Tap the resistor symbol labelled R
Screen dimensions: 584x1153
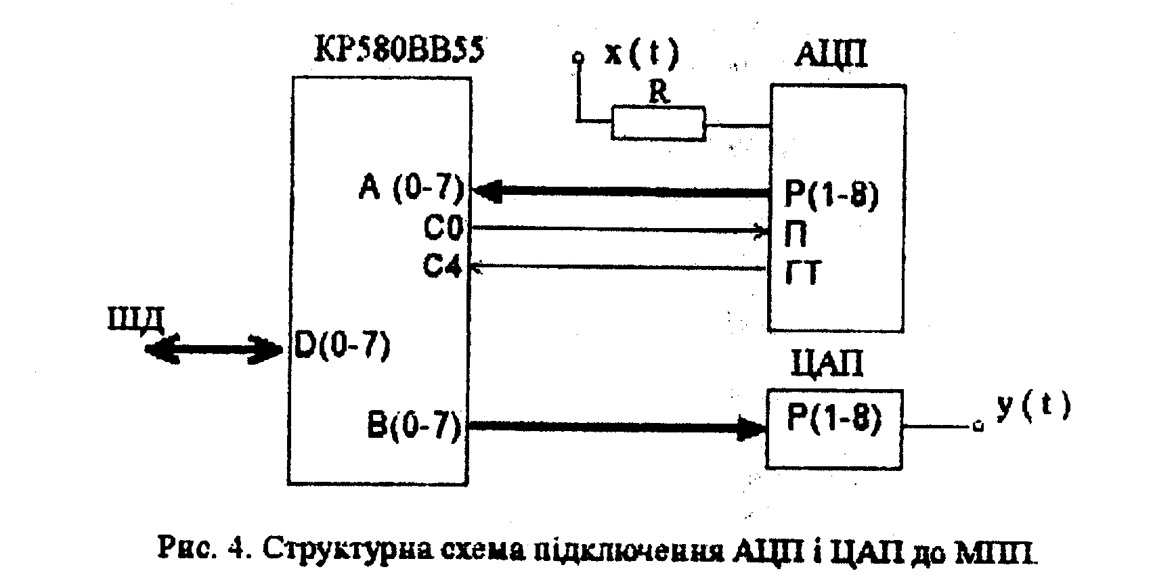657,123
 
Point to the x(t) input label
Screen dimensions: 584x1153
640,54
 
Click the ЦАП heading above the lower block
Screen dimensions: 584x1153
827,364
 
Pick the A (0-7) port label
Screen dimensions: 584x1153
410,189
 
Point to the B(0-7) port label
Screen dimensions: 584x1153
414,426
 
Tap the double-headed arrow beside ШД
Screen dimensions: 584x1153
214,349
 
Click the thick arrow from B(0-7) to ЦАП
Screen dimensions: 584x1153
616,426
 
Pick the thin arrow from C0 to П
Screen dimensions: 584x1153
619,230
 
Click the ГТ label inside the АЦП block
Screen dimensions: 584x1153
802,274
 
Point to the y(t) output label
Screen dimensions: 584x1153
1032,407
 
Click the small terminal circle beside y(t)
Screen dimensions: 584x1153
977,426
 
